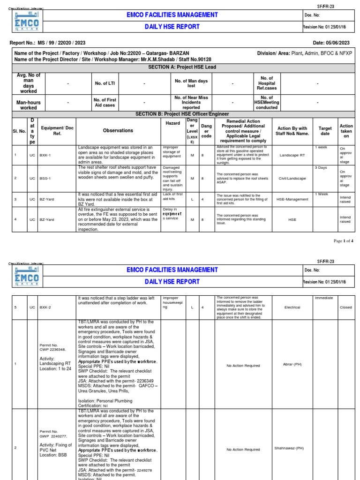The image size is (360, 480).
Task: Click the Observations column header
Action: pos(118,131)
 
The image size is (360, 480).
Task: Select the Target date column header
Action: pos(325,131)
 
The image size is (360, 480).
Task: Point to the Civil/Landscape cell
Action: pos(292,179)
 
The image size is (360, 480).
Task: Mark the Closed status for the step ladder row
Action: pos(345,307)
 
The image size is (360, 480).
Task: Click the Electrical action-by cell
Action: pos(292,307)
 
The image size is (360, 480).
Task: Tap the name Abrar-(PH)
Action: pos(292,364)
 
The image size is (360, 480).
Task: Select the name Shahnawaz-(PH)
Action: pos(289,448)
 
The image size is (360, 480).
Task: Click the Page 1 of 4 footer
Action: pos(343,240)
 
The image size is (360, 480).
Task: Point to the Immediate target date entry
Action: pos(323,298)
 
